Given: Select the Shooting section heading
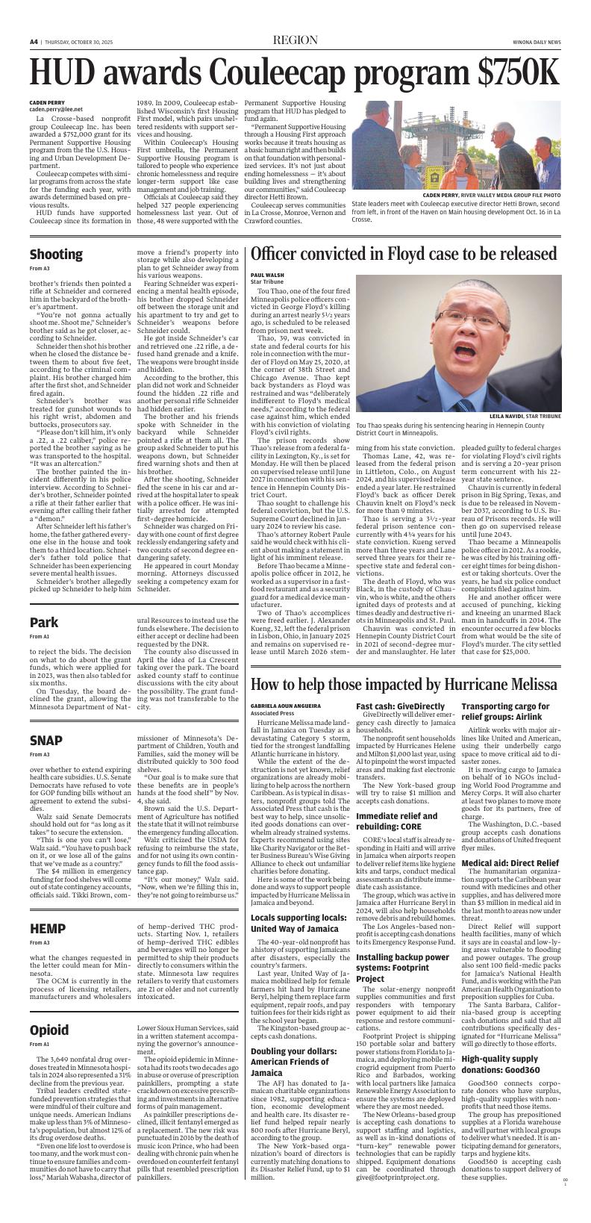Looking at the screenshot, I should [56, 254].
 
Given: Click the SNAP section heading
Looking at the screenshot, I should [46, 740].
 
